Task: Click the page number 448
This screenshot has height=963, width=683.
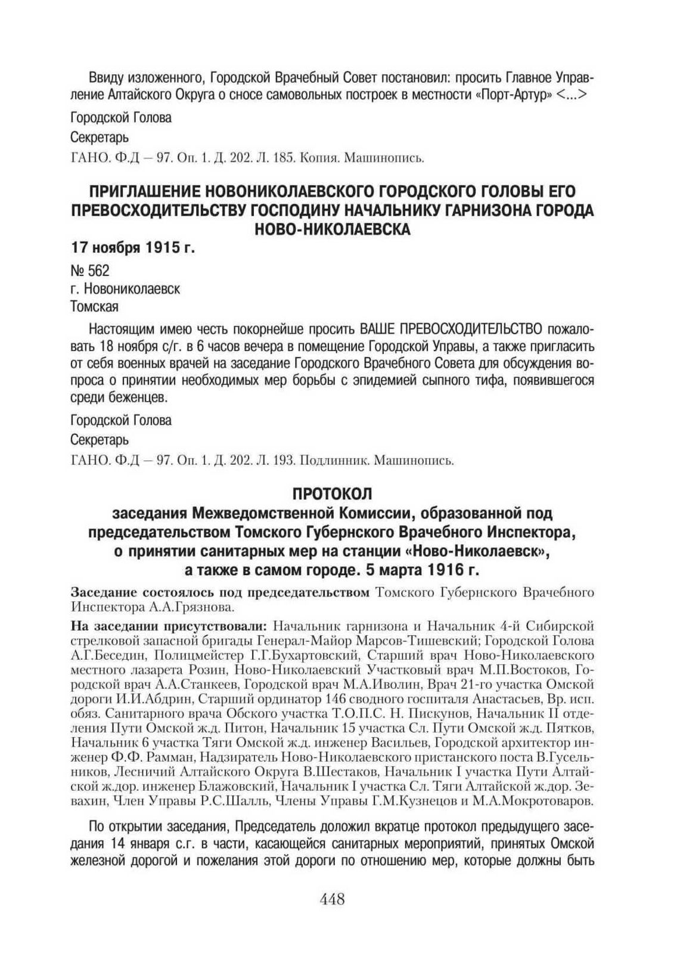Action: click(332, 899)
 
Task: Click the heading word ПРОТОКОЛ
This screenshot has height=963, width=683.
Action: click(332, 493)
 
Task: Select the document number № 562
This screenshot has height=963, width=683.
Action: click(90, 271)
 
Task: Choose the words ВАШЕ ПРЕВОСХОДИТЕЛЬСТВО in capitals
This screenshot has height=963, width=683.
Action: click(451, 329)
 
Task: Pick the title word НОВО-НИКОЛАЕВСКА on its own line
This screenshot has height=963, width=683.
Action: click(332, 229)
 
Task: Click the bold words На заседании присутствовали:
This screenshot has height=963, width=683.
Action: click(169, 626)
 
